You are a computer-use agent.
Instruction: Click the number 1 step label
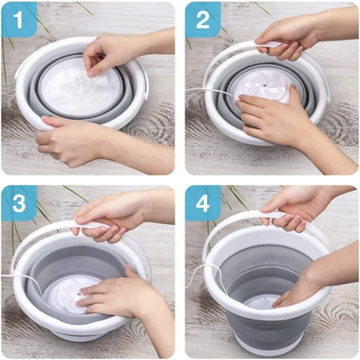coord(18,21)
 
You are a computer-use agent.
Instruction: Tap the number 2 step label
coord(202,21)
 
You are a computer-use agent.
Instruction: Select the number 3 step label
coord(19,203)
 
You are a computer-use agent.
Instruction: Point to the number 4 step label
coord(202,203)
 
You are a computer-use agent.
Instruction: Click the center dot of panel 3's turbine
coord(78,295)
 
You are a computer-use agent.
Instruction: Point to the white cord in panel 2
coord(209,91)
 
